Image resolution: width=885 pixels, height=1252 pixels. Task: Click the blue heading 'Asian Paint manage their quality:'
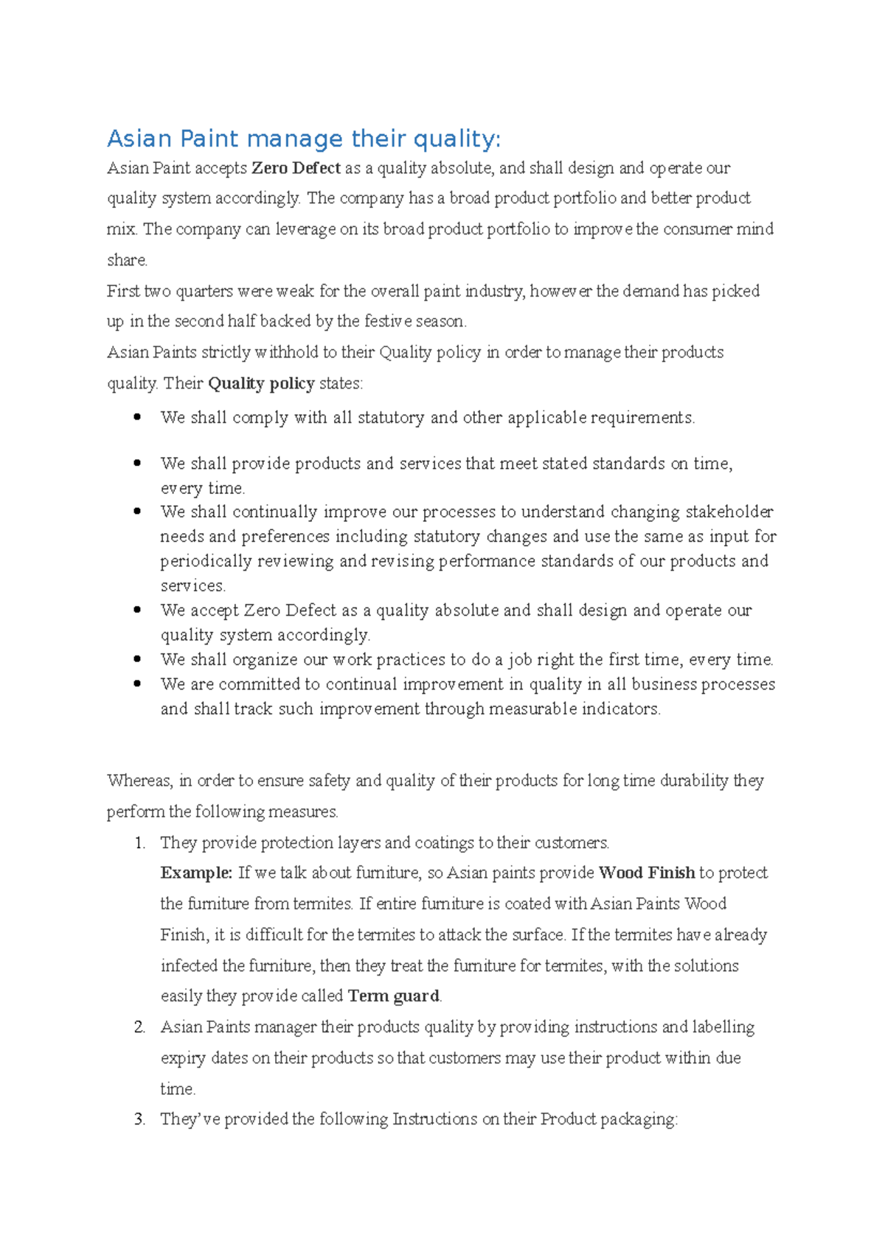coord(304,139)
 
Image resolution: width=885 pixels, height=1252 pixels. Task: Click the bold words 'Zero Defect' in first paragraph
coord(296,168)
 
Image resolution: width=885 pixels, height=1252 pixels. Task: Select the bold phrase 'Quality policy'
coord(261,383)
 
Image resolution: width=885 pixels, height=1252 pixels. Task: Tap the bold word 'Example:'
coord(196,873)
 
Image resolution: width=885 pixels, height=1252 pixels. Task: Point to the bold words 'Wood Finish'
coord(647,873)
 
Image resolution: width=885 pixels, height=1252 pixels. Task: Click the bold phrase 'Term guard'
coord(393,996)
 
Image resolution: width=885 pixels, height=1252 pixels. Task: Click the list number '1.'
coord(140,843)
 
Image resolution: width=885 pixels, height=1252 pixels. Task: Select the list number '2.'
coord(140,1027)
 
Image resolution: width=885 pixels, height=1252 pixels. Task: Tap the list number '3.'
coord(140,1119)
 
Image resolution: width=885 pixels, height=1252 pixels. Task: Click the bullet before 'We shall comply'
coord(137,417)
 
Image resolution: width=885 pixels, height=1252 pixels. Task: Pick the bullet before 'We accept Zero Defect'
coord(137,610)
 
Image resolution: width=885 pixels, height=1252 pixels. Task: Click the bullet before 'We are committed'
coord(137,684)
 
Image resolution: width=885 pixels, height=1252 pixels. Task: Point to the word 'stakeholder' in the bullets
coord(729,512)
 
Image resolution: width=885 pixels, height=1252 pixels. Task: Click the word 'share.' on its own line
coord(128,260)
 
